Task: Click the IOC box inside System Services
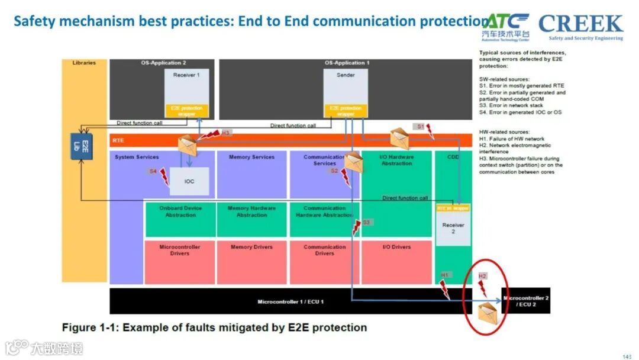189,181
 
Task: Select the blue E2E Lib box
81,146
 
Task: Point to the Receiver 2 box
453,229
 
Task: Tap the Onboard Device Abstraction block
180,219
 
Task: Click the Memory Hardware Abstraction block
251,219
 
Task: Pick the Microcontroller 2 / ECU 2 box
526,301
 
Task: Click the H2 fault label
482,276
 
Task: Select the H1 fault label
446,275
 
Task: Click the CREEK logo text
580,24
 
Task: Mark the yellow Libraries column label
84,63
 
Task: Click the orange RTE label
118,141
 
